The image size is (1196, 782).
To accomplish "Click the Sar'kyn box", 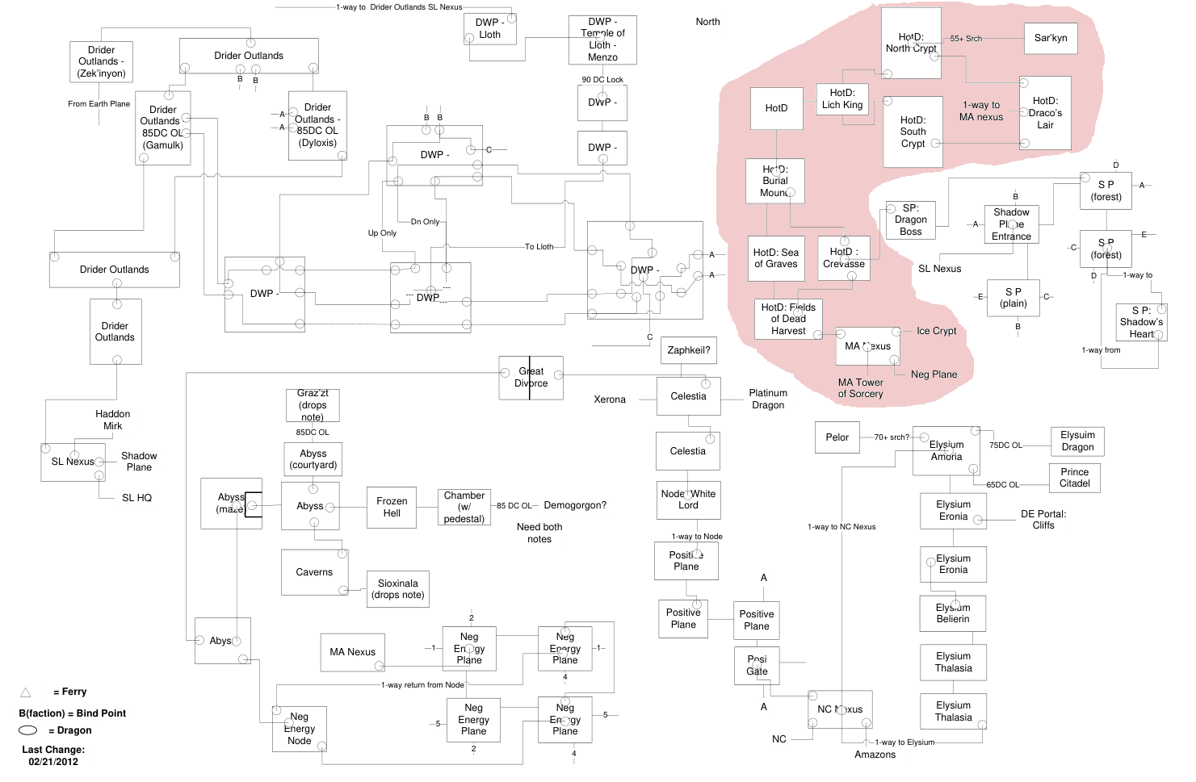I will click(1051, 38).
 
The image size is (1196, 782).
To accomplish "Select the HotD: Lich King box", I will click(842, 99).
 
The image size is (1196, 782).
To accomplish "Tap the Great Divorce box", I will click(531, 378).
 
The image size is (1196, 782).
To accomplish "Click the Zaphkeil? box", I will click(689, 350).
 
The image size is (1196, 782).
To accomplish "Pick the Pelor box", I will click(837, 437).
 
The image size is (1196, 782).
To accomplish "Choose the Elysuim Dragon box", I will click(1077, 441).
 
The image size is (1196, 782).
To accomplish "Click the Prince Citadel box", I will click(1074, 478).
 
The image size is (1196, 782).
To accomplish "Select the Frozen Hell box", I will click(392, 507).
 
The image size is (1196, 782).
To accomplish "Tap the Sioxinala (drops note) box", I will click(397, 589).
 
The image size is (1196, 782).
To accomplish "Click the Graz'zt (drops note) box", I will click(313, 405).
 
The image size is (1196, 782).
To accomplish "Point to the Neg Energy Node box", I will click(300, 729).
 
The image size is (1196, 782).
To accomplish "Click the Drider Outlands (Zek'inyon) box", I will click(102, 61).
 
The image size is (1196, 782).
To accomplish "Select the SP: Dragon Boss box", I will click(910, 220).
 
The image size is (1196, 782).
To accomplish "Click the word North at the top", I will click(707, 22).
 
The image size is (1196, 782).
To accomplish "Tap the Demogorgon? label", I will click(575, 505).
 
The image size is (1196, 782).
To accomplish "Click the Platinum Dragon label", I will click(768, 399).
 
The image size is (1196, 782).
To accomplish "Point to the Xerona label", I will click(610, 399).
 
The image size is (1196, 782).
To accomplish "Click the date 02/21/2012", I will click(53, 762).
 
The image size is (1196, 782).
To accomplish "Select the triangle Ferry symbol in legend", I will click(25, 692).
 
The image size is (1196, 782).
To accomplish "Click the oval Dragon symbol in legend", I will click(28, 730).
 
